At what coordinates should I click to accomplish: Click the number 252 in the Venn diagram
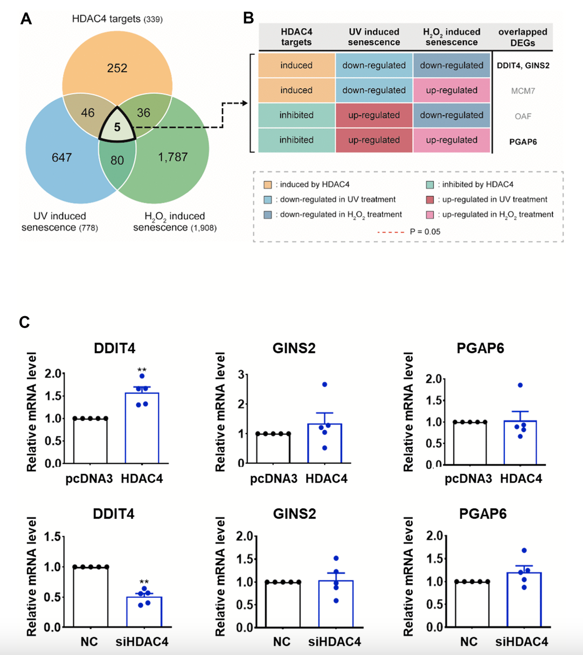point(117,68)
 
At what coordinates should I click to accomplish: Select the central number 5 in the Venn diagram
point(117,128)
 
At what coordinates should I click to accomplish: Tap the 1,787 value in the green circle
point(173,157)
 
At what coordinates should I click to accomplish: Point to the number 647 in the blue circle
point(61,157)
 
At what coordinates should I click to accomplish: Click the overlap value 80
point(117,160)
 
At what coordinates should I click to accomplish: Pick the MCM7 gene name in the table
point(523,90)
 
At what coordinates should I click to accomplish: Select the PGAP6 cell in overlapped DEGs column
point(523,142)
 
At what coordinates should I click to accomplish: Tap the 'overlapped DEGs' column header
point(523,37)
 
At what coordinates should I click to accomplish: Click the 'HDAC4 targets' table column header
point(296,37)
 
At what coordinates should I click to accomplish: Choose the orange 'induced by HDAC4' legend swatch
point(268,185)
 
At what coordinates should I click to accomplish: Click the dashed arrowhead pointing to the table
point(245,103)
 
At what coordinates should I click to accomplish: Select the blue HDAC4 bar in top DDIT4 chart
point(142,428)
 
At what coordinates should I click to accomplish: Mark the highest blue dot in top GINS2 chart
point(325,385)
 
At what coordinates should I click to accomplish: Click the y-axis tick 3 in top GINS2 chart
point(241,374)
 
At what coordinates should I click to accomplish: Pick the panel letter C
point(24,322)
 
